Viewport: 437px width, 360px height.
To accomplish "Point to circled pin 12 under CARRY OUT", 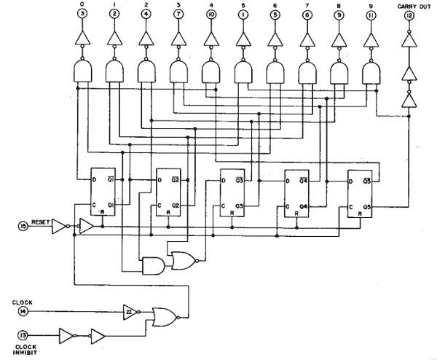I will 409,15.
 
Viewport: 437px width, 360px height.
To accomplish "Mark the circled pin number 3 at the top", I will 82,15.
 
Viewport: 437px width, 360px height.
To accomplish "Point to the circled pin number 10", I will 210,15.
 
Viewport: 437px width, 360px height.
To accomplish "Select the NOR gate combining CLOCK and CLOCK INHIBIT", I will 163,315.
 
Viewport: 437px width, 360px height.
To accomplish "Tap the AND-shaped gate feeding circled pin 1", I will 243,71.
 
